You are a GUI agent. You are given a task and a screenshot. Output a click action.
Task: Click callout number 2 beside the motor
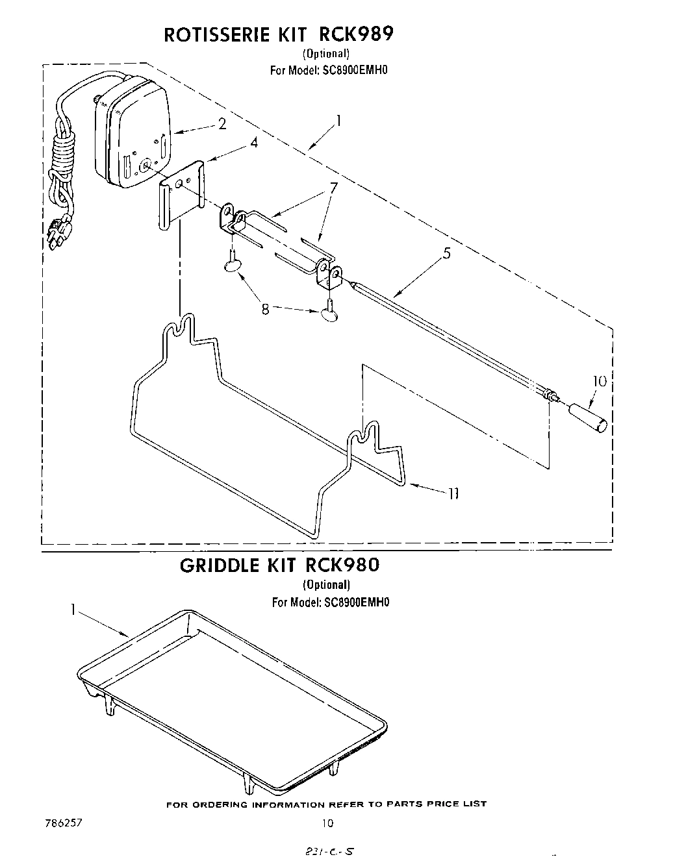coord(222,124)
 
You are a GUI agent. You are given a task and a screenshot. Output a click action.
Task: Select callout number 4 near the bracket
coord(254,143)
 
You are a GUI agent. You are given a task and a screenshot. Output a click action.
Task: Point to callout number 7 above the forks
coord(333,188)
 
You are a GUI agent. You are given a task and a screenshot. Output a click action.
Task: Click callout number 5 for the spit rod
coord(447,254)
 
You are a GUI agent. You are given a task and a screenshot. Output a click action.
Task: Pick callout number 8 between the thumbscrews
coord(265,310)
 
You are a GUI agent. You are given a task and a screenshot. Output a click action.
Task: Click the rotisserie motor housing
coord(133,133)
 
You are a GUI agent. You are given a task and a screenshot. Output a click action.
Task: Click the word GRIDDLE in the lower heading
coord(221,565)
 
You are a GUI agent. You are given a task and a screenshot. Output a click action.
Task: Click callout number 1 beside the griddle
coord(73,610)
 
